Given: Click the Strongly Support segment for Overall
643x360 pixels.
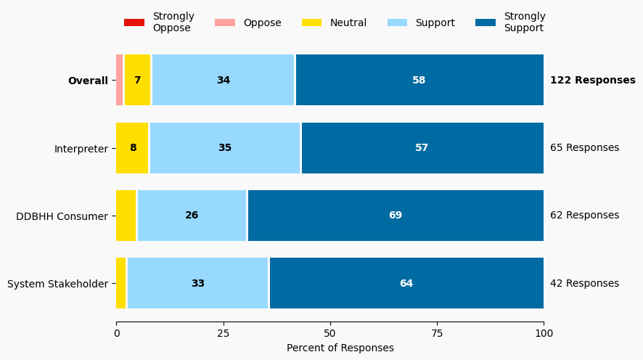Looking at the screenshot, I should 419,81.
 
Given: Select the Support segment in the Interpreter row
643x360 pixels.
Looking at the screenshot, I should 225,148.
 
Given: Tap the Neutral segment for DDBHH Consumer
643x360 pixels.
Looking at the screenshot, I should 126,216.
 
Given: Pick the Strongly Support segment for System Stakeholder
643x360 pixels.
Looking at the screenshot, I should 406,283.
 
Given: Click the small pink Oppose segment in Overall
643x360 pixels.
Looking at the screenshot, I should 120,81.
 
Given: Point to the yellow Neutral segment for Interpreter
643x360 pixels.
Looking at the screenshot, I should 132,148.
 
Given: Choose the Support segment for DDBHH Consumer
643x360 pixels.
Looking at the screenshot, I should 192,216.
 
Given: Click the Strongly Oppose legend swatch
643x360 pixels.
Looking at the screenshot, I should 134,22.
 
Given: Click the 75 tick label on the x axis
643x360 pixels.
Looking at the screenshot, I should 437,333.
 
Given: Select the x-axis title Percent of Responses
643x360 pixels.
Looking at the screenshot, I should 340,348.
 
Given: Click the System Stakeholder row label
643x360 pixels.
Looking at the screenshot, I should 57,284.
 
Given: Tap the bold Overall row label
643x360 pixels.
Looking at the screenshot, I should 88,81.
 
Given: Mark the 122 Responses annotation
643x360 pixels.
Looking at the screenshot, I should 593,81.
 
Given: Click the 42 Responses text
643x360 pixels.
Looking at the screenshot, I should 585,284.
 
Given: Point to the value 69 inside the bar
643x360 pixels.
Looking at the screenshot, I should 396,216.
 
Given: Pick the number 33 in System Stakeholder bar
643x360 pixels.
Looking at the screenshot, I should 198,283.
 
